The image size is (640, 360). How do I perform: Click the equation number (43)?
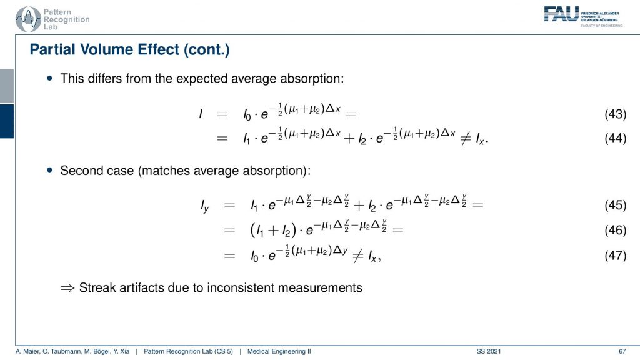(615, 114)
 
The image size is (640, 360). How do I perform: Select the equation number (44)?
(615, 138)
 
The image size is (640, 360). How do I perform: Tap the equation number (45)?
(615, 205)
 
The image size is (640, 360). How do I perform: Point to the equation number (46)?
(615, 230)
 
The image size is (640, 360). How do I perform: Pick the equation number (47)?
(615, 256)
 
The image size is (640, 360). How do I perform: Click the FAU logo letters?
(561, 14)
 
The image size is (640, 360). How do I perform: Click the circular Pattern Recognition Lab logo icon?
(28, 19)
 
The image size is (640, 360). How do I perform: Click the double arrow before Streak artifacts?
(67, 288)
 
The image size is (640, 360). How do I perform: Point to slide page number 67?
(622, 351)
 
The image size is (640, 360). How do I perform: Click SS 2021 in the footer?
(489, 351)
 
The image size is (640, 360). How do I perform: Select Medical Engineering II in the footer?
(279, 351)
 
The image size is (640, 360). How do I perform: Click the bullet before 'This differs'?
(50, 78)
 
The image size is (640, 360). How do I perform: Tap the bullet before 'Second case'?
(50, 170)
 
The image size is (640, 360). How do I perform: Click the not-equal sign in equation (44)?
(466, 139)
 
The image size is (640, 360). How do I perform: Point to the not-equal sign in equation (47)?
(358, 256)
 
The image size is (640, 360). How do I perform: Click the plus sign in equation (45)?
(359, 205)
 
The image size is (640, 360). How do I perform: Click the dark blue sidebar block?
(7, 121)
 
